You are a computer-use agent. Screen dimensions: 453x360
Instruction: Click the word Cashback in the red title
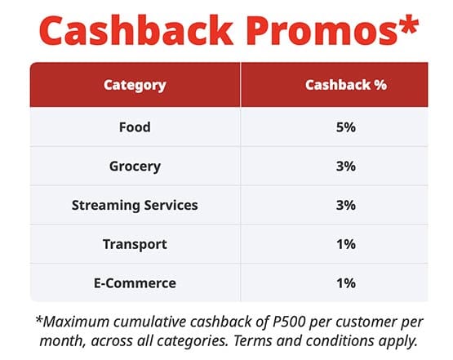point(135,30)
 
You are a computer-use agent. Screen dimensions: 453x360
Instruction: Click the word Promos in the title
point(322,31)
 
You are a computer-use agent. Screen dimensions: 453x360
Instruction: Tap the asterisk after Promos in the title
point(407,24)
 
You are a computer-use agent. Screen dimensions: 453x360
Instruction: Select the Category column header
point(135,85)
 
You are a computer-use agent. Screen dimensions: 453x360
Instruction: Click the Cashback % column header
point(346,85)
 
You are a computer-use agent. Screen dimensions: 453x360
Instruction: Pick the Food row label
point(135,127)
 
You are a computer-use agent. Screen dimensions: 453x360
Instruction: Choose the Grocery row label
point(135,167)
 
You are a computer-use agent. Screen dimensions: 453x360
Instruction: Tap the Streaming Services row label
point(135,206)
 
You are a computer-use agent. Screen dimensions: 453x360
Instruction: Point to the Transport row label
point(135,244)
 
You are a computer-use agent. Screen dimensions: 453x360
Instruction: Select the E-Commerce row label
point(135,283)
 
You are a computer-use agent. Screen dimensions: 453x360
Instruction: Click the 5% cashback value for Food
point(345,127)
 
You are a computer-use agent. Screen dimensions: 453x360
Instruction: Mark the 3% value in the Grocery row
point(345,167)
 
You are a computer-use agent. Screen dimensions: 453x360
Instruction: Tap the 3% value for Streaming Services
point(345,205)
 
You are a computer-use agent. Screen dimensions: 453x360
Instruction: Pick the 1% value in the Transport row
point(346,244)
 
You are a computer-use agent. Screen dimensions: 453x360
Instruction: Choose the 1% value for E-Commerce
point(346,283)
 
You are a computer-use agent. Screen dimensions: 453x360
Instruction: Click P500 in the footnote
point(289,322)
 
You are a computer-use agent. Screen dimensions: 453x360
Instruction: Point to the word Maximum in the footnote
point(77,322)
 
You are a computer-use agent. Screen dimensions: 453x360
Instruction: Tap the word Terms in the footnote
point(252,341)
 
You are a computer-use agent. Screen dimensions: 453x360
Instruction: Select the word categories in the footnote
point(192,342)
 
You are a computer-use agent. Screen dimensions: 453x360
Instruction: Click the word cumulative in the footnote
point(150,322)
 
